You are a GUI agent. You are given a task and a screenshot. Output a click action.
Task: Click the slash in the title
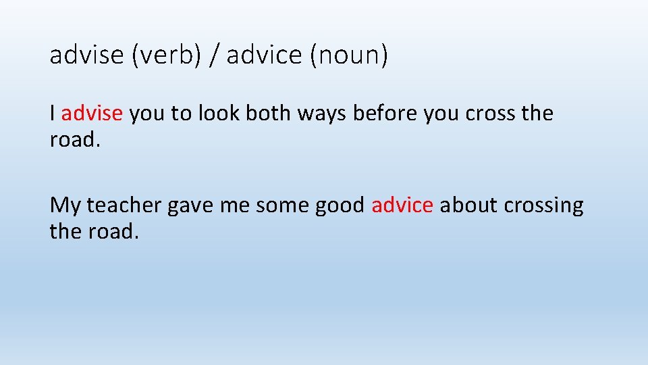(x=214, y=55)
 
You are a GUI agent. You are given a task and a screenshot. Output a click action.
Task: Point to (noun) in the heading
(x=348, y=55)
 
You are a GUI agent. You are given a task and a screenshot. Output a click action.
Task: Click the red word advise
(x=92, y=113)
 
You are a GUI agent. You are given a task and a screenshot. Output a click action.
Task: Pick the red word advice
(x=402, y=204)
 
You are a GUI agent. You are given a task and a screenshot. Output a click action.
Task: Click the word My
(x=65, y=205)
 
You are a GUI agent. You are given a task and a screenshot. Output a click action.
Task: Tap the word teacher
(x=124, y=204)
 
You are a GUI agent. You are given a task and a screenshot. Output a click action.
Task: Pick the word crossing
(x=543, y=205)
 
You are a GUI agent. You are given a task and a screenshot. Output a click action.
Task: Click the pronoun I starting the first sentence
(x=53, y=113)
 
